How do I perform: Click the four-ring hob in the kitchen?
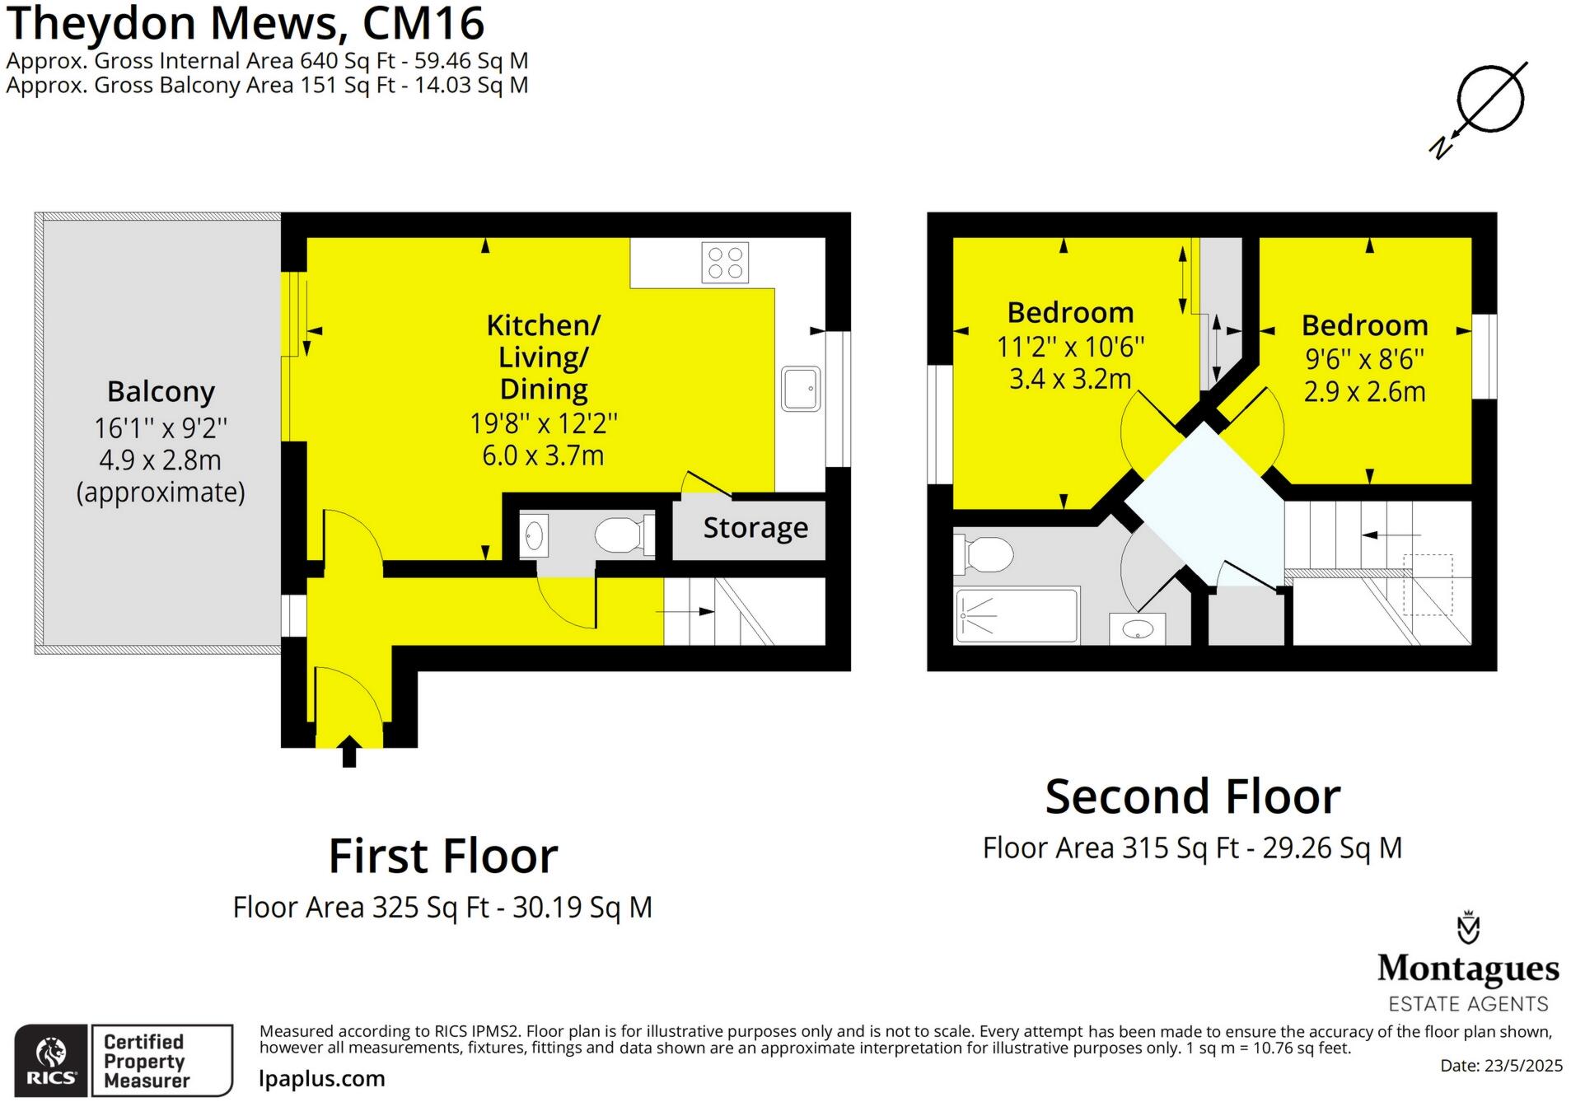(725, 263)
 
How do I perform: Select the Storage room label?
(755, 527)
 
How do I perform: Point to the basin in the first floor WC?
(534, 535)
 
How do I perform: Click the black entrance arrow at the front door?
(349, 751)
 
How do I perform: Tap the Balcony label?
(161, 392)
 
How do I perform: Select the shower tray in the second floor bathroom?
(1016, 614)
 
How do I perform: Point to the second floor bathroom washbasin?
(1137, 629)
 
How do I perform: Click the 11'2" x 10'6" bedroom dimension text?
(1070, 348)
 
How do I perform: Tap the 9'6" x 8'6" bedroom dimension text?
(1364, 359)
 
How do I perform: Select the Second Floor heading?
(1192, 796)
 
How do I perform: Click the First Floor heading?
(443, 856)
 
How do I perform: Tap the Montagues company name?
(1467, 969)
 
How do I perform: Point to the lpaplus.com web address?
(321, 1079)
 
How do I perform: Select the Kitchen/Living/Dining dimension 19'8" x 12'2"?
(543, 423)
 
